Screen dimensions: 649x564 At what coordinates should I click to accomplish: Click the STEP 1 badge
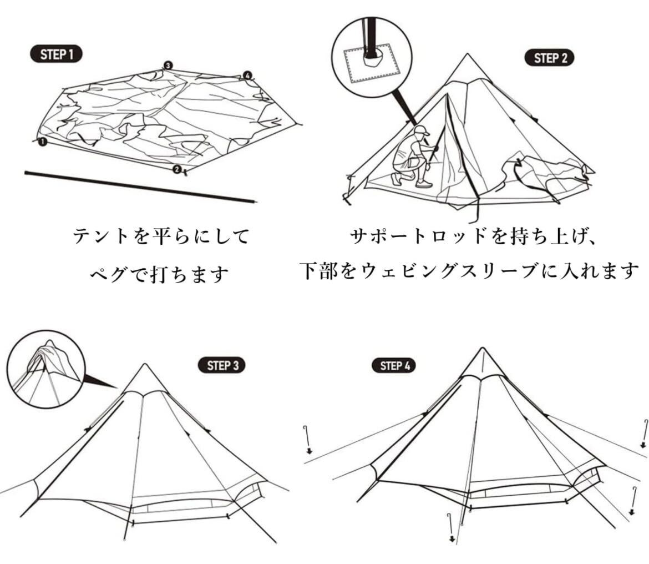[56, 54]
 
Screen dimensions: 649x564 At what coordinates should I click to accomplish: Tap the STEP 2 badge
[550, 58]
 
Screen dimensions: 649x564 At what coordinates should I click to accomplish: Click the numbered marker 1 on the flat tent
[43, 142]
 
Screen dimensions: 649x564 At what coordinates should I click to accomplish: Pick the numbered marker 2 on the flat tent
[177, 169]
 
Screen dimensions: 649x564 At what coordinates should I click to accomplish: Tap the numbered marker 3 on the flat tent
[168, 66]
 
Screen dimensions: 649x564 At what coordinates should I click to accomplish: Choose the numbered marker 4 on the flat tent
[247, 75]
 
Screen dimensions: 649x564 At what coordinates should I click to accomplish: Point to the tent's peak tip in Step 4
[481, 348]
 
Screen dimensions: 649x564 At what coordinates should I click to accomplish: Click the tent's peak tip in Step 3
[145, 364]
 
